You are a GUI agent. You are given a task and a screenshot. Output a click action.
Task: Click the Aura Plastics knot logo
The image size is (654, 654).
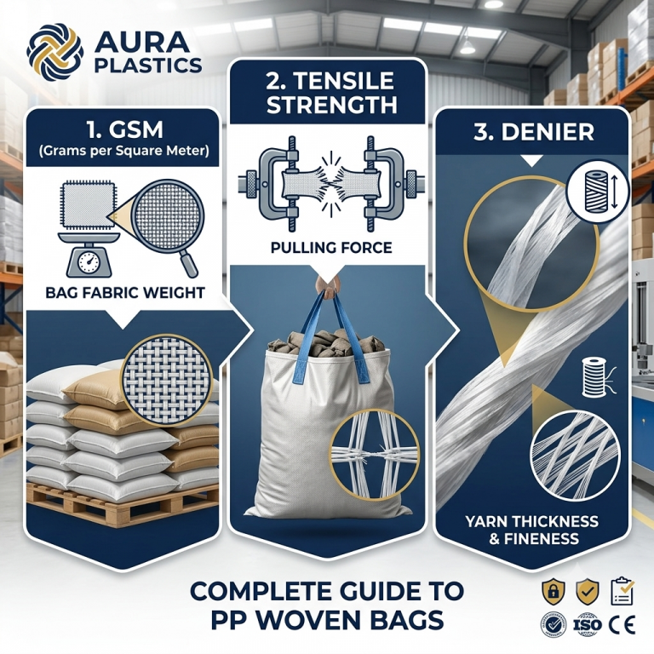point(54,51)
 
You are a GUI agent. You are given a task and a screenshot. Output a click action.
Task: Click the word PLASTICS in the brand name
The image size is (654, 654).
point(148,65)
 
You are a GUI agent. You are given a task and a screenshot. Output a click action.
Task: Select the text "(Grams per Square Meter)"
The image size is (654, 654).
point(123,151)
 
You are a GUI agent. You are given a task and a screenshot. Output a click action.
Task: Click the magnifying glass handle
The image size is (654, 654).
point(188,264)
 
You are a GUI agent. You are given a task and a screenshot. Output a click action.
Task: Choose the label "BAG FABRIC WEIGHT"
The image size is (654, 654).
point(125,293)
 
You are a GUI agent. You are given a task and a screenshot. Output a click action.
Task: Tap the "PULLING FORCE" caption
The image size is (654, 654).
point(331,248)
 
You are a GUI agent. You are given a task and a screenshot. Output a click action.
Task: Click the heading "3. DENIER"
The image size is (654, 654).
point(533,132)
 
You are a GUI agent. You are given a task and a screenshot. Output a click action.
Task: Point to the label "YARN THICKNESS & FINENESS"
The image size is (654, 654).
point(531,530)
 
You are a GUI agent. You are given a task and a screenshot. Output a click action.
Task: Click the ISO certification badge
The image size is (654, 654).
point(588,624)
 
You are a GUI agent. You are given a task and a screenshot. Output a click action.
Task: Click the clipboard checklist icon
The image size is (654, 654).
point(622,590)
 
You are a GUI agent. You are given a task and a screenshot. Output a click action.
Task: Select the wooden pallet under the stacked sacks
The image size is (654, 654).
point(122,504)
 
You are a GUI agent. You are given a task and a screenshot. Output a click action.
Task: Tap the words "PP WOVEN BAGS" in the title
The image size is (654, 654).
point(327,620)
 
